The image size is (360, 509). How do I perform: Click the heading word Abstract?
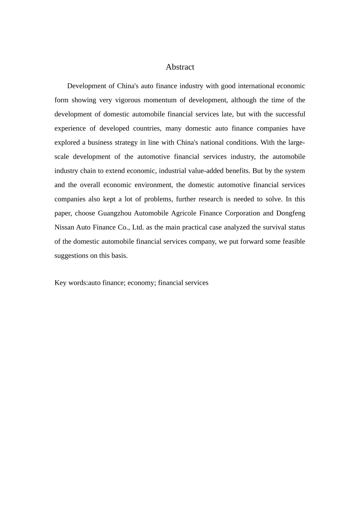(180, 67)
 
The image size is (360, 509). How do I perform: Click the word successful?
(290, 114)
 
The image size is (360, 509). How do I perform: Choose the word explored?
(67, 142)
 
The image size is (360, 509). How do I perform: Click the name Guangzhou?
(114, 213)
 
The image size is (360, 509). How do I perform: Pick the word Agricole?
(184, 213)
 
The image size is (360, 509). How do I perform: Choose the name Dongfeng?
(290, 213)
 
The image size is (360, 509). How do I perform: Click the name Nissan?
(64, 228)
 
